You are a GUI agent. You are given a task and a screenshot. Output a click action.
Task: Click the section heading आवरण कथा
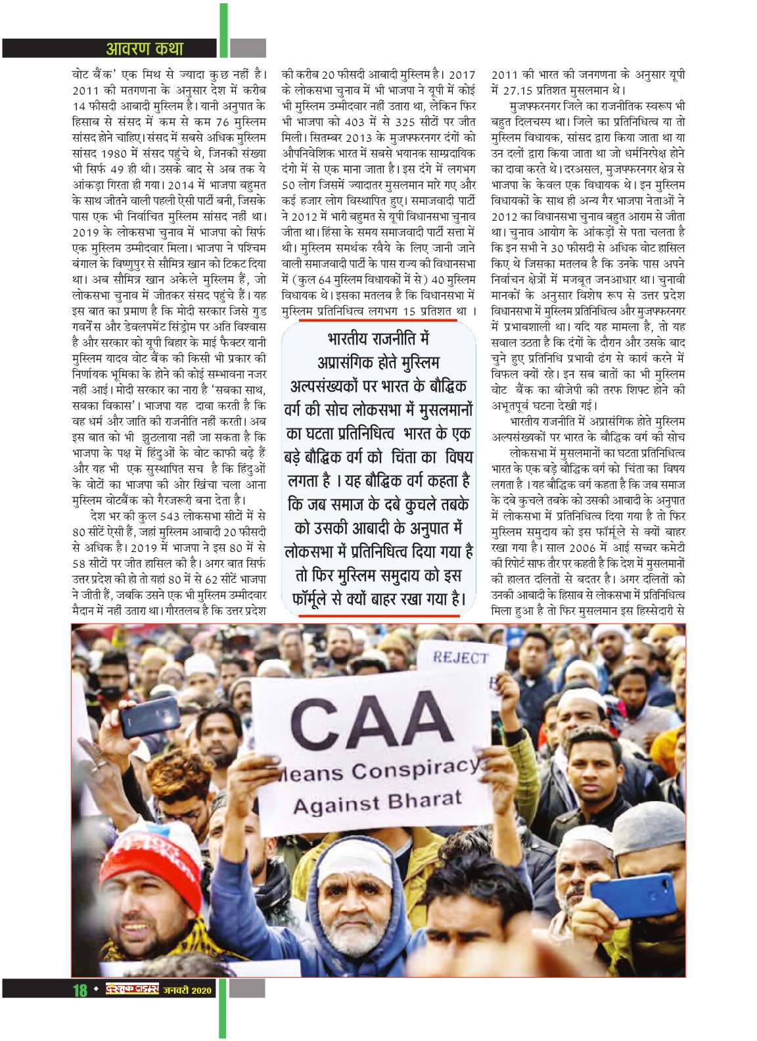[144, 49]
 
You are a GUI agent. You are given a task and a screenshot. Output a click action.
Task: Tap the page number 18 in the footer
[80, 1009]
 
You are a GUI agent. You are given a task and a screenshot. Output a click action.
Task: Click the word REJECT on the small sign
[460, 658]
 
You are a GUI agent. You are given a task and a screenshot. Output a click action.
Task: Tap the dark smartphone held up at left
[150, 716]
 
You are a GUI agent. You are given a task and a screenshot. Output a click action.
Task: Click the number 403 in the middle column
[367, 122]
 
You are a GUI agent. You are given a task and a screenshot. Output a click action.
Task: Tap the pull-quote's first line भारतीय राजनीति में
[378, 340]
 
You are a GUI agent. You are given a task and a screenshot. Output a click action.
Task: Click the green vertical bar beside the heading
[223, 30]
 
